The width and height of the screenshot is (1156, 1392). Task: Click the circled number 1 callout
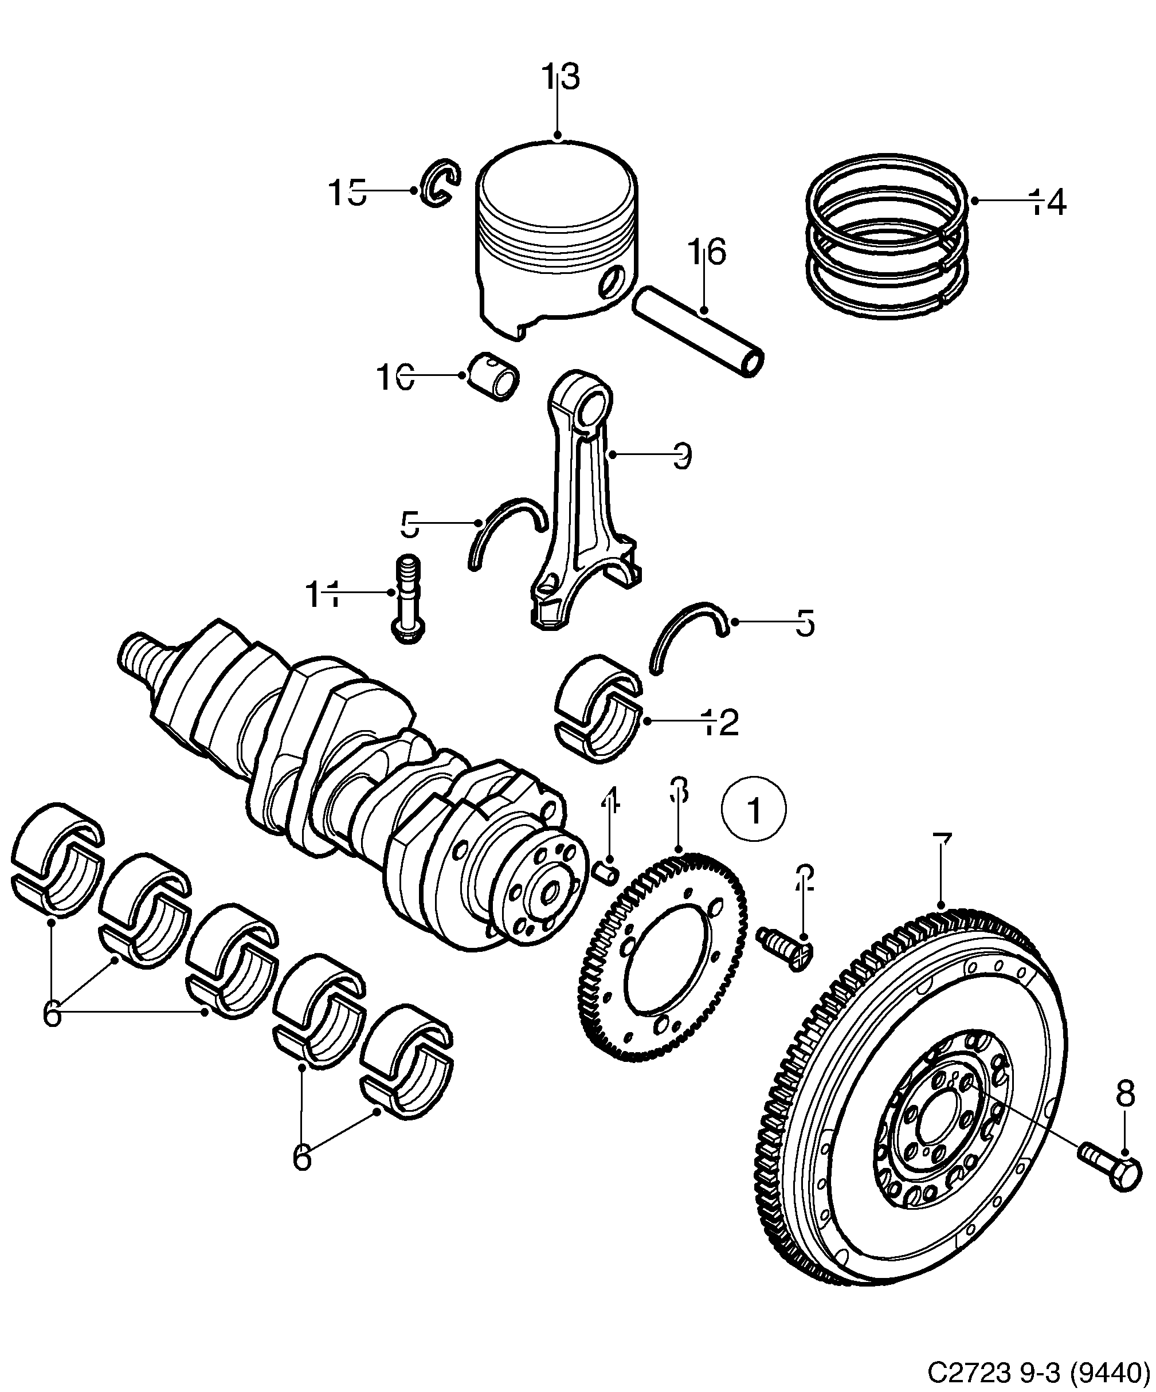coord(754,809)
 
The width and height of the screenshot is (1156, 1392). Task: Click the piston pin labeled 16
coord(699,331)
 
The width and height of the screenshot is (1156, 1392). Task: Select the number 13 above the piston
coord(561,77)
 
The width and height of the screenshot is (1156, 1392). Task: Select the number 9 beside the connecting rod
coord(682,456)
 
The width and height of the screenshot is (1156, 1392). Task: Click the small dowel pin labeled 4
coord(607,873)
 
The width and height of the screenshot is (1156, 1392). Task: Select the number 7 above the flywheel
coord(941,846)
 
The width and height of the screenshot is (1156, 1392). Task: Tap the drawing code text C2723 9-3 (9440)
coord(1037,1371)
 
